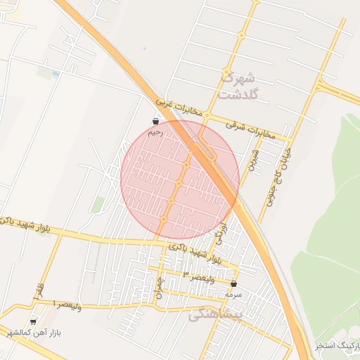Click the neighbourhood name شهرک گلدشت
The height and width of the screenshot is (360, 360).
[x=239, y=85]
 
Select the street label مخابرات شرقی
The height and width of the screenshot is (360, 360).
[x=247, y=127]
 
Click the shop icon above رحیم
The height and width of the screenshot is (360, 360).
[x=155, y=122]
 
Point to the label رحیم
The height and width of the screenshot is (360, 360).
[x=155, y=132]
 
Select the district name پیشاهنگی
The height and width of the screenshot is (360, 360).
[x=215, y=315]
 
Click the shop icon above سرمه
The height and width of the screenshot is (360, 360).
[x=234, y=285]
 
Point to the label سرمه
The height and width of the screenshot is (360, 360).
[x=234, y=295]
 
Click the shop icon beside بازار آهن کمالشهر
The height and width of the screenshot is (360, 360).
[x=34, y=320]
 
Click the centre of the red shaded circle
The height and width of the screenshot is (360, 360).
[x=180, y=180]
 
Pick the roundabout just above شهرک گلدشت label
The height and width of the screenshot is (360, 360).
[x=226, y=72]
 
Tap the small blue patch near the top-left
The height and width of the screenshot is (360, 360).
[x=56, y=72]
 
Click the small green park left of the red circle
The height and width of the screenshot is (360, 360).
[x=98, y=205]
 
